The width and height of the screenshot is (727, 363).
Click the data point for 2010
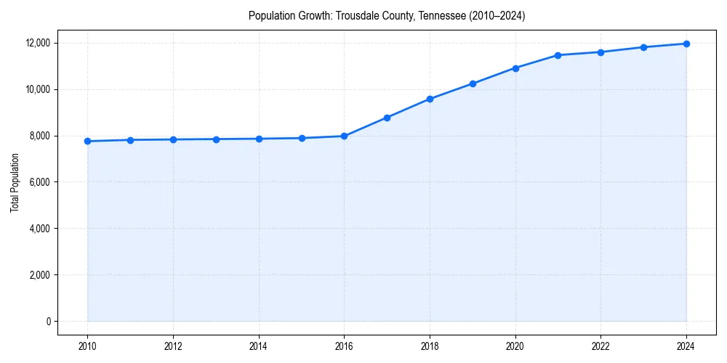click(x=87, y=141)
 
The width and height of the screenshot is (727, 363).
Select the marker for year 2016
click(x=344, y=136)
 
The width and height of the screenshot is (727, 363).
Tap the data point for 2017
click(x=387, y=118)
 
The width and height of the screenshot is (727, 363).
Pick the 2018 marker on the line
click(x=430, y=99)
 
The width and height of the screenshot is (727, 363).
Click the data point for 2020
click(x=515, y=68)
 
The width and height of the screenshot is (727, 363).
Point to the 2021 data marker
click(x=558, y=55)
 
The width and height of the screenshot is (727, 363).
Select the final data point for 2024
click(x=686, y=44)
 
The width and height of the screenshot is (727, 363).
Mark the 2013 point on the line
click(x=216, y=139)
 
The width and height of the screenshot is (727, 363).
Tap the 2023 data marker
click(x=643, y=47)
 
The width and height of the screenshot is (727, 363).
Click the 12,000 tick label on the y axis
click(x=36, y=43)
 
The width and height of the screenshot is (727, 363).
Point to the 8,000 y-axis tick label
click(x=39, y=136)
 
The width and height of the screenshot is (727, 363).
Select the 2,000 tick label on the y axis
click(x=39, y=275)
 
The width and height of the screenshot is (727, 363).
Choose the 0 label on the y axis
click(x=47, y=322)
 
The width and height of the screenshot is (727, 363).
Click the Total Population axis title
click(x=15, y=182)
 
